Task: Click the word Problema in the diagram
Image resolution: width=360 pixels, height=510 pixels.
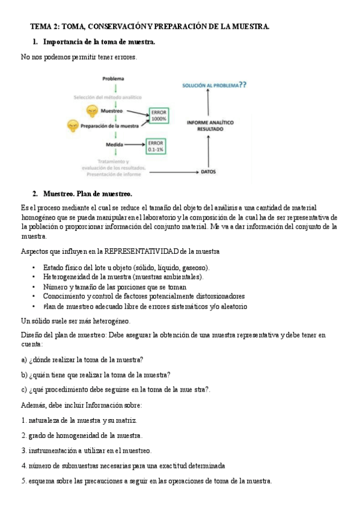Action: [113, 78]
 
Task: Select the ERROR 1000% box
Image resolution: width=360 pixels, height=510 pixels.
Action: [159, 115]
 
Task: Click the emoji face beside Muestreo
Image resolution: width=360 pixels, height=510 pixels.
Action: [91, 111]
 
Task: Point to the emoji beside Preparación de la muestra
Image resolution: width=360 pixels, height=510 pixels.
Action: [73, 126]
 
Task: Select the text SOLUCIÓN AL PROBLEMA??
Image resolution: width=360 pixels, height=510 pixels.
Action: [214, 85]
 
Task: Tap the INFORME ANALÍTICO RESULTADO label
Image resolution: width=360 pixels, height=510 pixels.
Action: [210, 125]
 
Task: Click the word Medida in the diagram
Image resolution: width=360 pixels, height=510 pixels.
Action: [115, 145]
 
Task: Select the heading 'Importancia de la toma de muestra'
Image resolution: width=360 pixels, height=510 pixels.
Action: [99, 42]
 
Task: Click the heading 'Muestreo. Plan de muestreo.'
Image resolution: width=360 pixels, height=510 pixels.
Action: [87, 194]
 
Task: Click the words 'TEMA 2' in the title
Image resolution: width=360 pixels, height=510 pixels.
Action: [45, 27]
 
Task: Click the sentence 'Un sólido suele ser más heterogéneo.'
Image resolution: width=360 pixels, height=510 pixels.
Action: [75, 321]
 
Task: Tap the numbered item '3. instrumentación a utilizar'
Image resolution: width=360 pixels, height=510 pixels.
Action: [86, 450]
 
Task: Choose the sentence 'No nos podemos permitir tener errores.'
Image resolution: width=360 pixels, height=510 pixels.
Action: [79, 57]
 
